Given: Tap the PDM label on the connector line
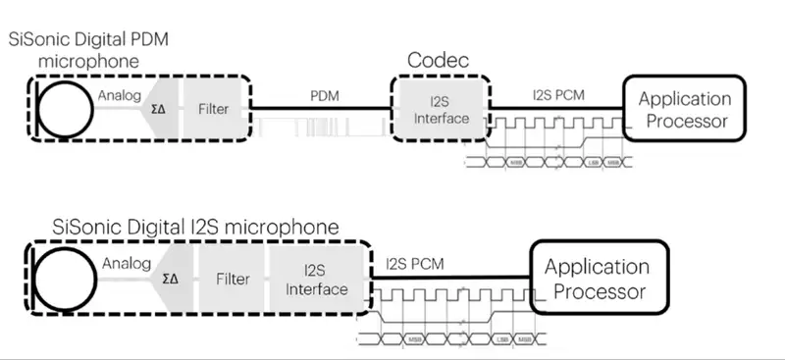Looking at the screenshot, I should tap(325, 95).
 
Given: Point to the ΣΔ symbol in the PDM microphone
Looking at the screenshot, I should tap(158, 110).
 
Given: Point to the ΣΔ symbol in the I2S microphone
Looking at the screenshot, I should tap(171, 279).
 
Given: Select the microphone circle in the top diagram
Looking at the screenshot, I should tap(68, 109).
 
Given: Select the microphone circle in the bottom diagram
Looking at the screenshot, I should tap(68, 278).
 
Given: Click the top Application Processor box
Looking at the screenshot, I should tap(685, 110).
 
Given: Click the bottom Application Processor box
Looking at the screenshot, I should tap(597, 279).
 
